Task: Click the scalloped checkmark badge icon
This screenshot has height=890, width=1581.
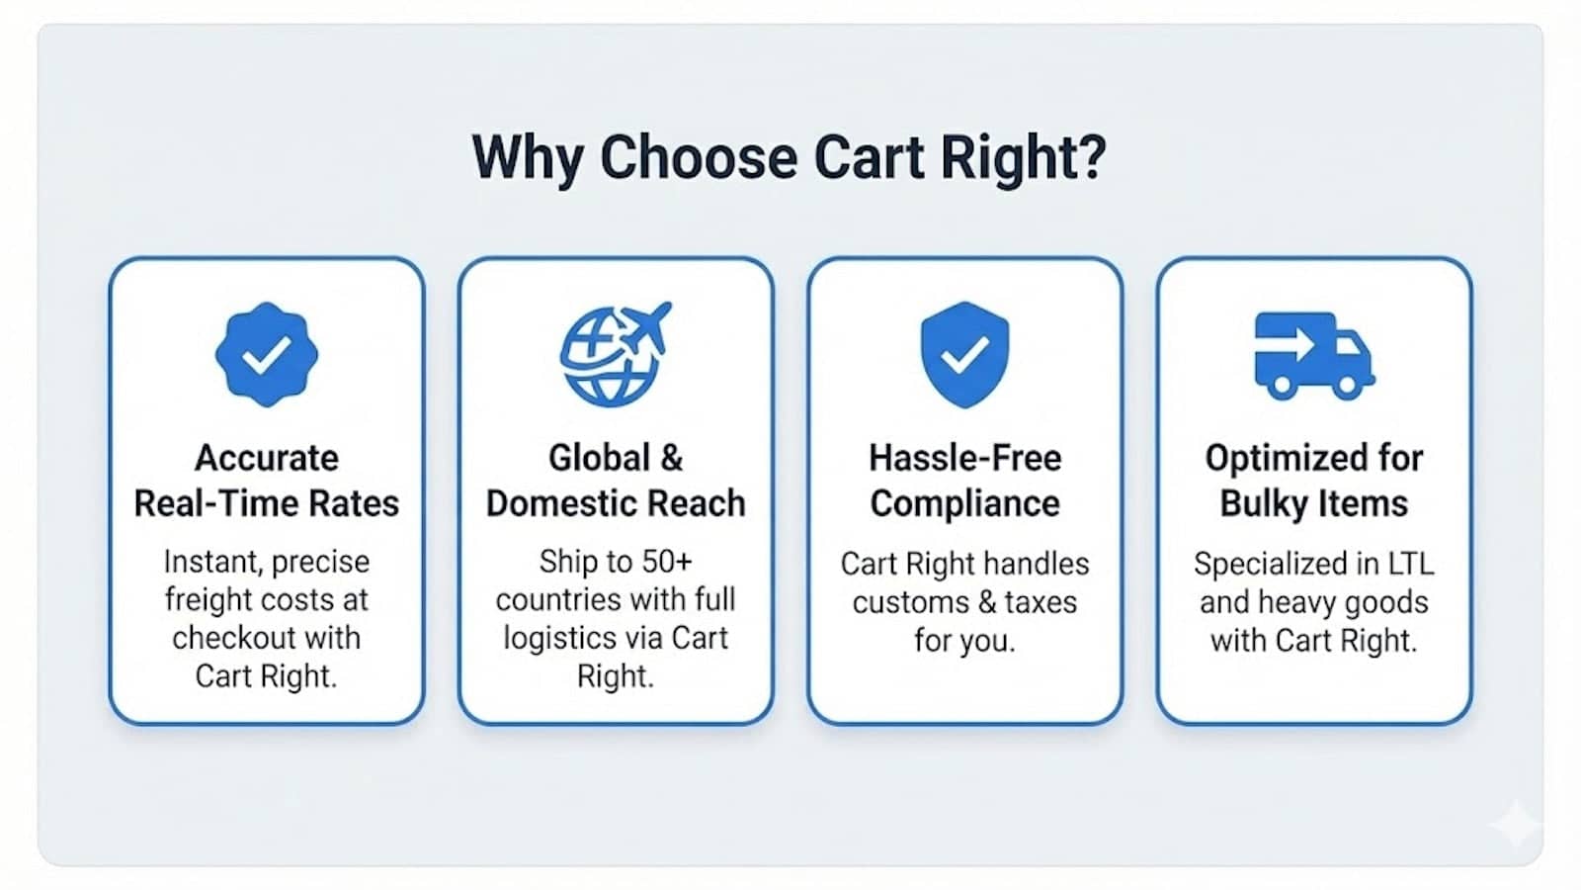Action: click(x=267, y=355)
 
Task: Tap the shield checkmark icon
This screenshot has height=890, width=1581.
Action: click(x=964, y=354)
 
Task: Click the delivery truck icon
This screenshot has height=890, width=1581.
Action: click(x=1313, y=355)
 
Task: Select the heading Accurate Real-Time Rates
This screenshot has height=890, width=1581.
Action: click(x=267, y=481)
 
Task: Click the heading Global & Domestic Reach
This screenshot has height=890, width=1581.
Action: click(x=616, y=481)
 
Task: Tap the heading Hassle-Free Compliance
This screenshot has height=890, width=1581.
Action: click(x=964, y=481)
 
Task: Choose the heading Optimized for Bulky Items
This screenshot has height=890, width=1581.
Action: click(x=1313, y=481)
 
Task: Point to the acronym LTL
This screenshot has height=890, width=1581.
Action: click(x=1410, y=564)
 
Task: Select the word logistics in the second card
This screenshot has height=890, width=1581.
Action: click(x=553, y=639)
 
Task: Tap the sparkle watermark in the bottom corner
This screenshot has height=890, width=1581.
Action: click(x=1515, y=824)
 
